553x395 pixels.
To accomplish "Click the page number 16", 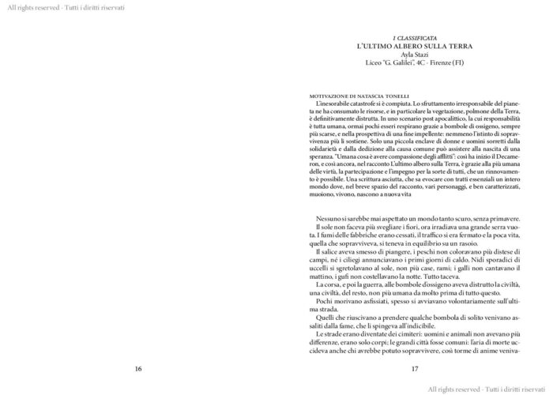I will point(137,368).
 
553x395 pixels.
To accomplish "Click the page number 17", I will point(414,368).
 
